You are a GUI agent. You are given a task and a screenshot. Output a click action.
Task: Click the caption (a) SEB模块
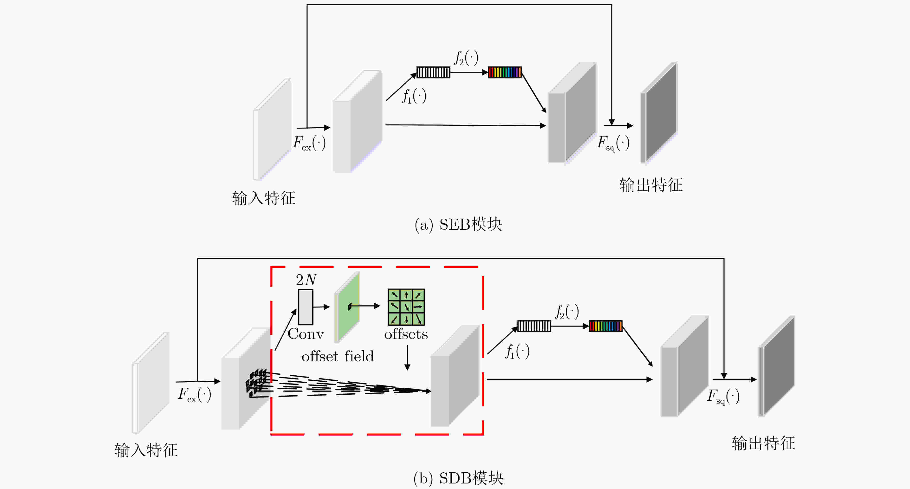click(x=458, y=224)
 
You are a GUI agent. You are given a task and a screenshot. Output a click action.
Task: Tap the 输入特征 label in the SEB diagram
click(x=264, y=198)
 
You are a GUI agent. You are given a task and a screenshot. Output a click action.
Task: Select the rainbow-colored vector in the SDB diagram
click(x=605, y=326)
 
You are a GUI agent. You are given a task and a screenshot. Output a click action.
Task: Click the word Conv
click(x=305, y=334)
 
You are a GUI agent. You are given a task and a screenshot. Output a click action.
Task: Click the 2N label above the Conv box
click(x=306, y=280)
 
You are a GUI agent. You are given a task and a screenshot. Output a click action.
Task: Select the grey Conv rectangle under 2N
click(x=305, y=307)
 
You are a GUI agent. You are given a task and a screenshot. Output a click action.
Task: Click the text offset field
click(x=338, y=356)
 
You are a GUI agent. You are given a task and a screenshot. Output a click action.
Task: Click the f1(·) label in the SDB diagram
click(x=518, y=352)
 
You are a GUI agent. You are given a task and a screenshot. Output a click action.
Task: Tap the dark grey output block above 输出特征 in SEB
click(x=659, y=112)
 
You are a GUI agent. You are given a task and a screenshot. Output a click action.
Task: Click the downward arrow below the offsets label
click(x=407, y=358)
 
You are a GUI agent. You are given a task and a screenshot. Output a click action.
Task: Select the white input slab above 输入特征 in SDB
click(x=151, y=383)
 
